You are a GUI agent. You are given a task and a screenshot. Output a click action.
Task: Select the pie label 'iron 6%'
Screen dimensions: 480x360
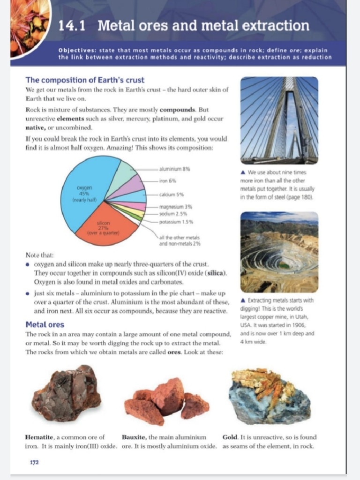coord(168,180)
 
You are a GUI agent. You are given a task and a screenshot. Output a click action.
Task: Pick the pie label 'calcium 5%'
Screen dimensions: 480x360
coord(171,194)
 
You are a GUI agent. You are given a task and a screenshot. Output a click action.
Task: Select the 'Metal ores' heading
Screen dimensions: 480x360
coord(45,324)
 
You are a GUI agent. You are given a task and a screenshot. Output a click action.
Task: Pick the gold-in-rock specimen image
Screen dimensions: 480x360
coord(270,396)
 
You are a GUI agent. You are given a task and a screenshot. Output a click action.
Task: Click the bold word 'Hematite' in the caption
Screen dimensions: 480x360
coord(40,437)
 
